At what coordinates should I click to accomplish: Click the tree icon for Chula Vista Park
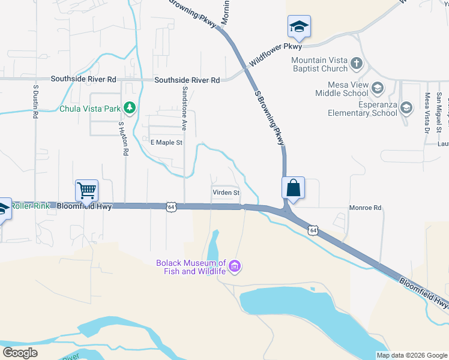tap(129, 109)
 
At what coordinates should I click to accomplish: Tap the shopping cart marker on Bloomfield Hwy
tap(86, 191)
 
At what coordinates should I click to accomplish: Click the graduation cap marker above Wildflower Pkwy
tap(299, 26)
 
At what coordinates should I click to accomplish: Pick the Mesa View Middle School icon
tap(377, 89)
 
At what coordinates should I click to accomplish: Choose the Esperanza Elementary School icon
tap(406, 108)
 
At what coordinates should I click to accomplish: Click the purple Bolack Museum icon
tap(235, 266)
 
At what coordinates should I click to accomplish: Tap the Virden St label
tap(226, 193)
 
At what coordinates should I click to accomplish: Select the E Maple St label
tap(166, 142)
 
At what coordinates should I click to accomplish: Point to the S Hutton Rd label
tap(123, 139)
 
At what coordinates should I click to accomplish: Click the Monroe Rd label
tap(365, 208)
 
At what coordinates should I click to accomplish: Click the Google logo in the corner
tap(20, 353)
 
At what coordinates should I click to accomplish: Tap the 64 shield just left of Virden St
tap(172, 206)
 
